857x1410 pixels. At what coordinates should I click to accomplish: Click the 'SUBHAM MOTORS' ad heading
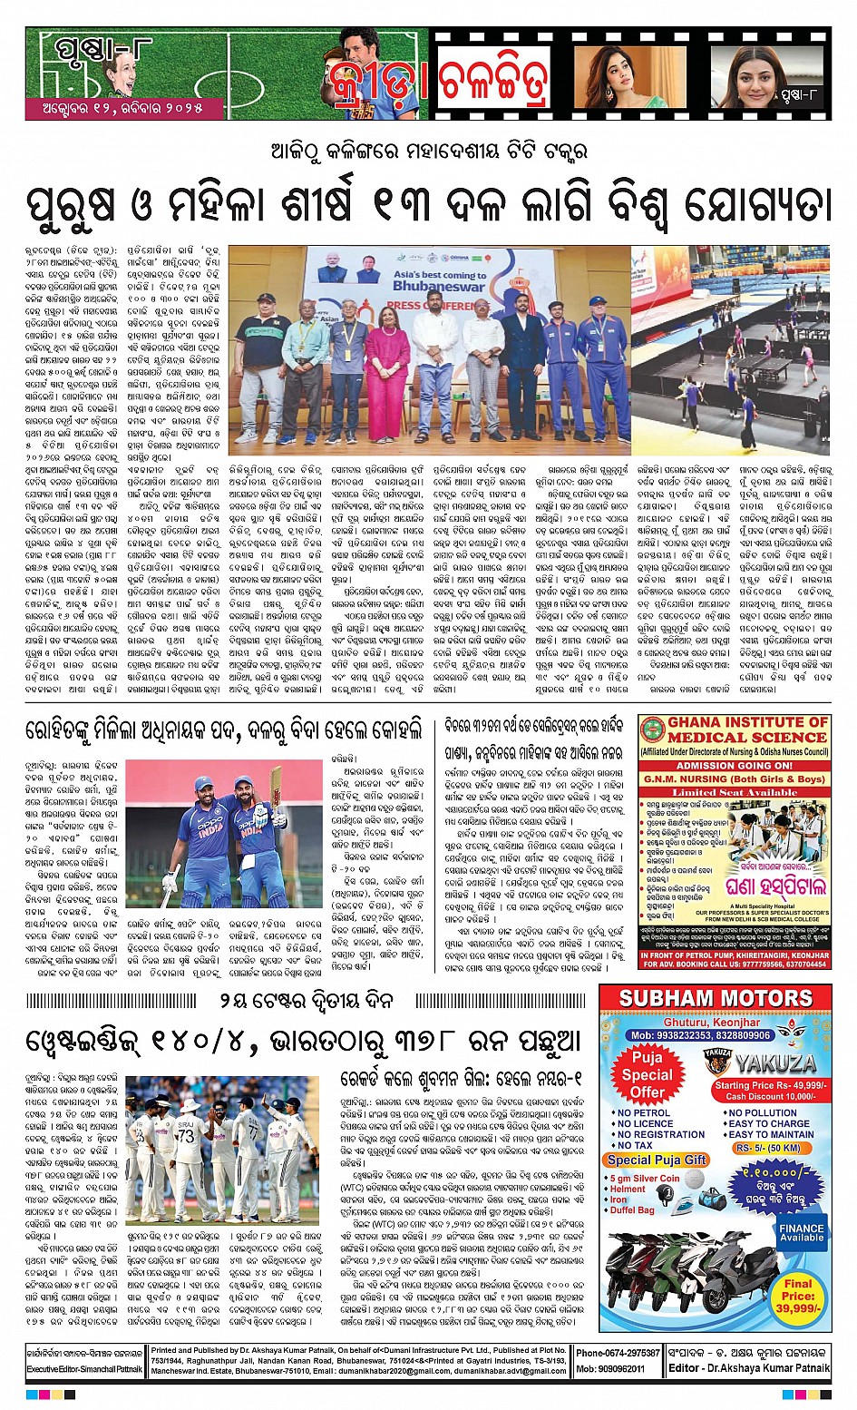716,999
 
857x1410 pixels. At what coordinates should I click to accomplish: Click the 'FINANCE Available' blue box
802,1232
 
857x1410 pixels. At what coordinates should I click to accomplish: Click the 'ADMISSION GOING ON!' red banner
734,765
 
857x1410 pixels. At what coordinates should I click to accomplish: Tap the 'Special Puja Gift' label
657,1160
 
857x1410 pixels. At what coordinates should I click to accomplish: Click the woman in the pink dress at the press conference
388,363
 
